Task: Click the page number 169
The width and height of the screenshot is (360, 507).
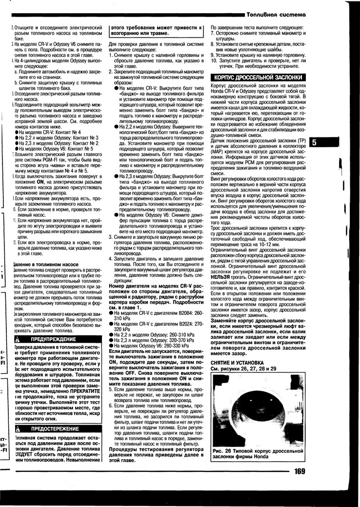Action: point(300,471)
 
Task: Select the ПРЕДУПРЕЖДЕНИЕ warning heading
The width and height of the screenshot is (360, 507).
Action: point(53,338)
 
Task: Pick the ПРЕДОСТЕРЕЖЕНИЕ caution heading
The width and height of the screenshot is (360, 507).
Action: point(55,429)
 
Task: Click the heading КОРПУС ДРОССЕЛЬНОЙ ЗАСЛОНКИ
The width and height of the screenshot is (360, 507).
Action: point(258,78)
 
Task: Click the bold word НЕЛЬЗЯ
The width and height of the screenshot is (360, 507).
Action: point(220,276)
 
